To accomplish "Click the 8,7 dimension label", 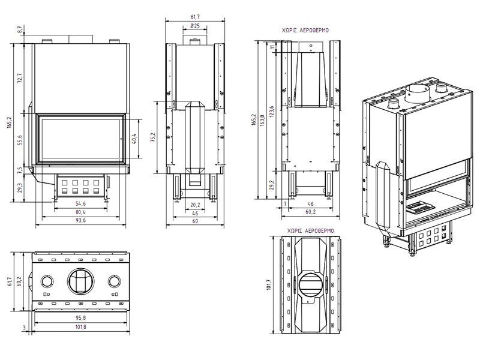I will tap(20, 28).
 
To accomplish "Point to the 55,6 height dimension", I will tap(20, 140).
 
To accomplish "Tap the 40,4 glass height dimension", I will tap(134, 139).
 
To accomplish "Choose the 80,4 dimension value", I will tap(80, 212).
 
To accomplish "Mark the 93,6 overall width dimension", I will tap(80, 220).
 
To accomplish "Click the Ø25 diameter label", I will tap(194, 26).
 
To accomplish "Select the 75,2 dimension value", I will tap(153, 139).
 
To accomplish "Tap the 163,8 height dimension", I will tap(262, 120).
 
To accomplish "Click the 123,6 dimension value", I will tap(271, 112).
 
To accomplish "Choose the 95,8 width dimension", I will tap(81, 317).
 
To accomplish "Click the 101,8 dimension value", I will tap(81, 326).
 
